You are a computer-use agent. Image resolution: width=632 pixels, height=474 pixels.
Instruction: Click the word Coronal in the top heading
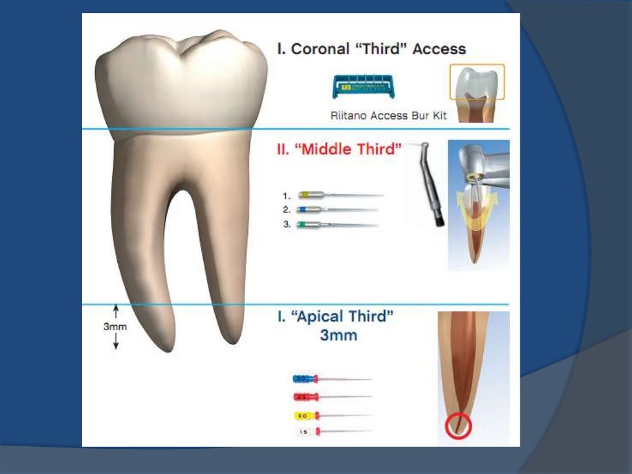[318, 49]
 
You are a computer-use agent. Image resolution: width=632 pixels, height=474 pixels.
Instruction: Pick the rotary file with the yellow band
[339, 194]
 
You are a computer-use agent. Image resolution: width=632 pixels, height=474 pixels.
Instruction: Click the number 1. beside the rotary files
[287, 195]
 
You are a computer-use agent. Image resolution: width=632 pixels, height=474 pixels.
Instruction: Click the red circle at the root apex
[457, 426]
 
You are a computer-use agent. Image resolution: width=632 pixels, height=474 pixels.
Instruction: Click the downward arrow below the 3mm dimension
[115, 342]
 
